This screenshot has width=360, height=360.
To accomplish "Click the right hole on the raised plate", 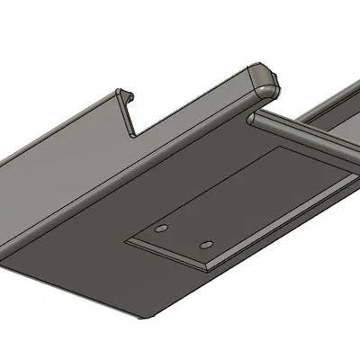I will coord(206,244).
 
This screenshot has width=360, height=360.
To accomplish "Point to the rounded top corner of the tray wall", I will coord(265,78).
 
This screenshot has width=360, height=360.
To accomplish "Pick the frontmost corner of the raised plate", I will coord(210,269).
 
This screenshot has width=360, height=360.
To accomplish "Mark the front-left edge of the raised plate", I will coord(169,256).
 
